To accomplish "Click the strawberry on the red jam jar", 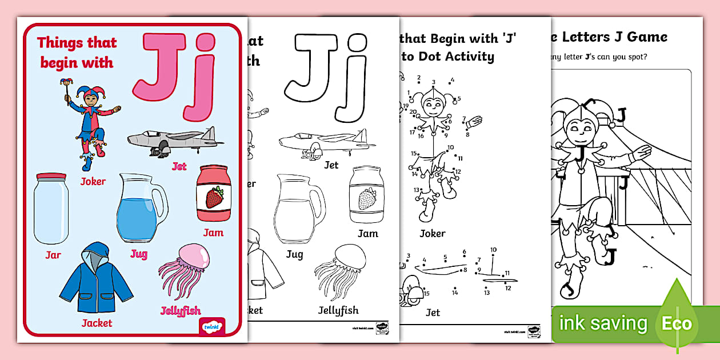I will coord(214,198).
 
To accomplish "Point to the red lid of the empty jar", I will coord(50,177).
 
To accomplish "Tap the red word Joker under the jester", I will coord(93,182).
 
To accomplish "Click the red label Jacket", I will coord(97,323).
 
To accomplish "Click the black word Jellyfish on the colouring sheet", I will coord(338,310).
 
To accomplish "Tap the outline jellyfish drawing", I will coord(338,271).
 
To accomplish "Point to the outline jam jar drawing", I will coord(367,195).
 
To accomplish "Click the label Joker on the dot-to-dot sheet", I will coord(432,234).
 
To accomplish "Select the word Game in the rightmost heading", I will coord(645,37).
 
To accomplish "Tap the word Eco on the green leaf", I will coord(677,324).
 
